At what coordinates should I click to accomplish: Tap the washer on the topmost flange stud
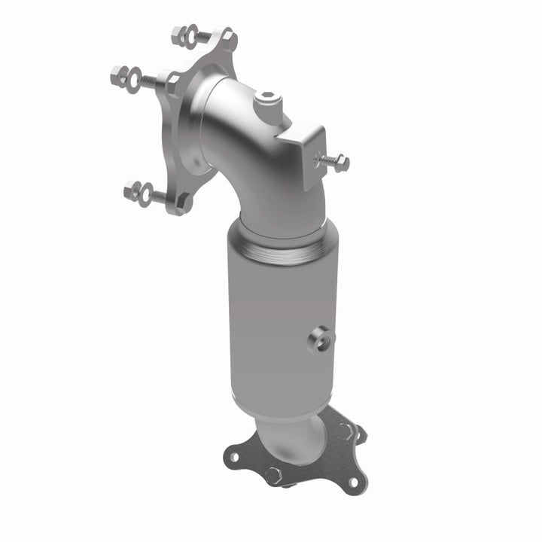click(193, 34)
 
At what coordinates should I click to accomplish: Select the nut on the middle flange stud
click(119, 73)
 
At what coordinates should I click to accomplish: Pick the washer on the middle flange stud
click(134, 75)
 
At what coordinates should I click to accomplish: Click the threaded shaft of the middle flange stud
click(152, 78)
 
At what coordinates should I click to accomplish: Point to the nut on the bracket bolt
click(341, 160)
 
